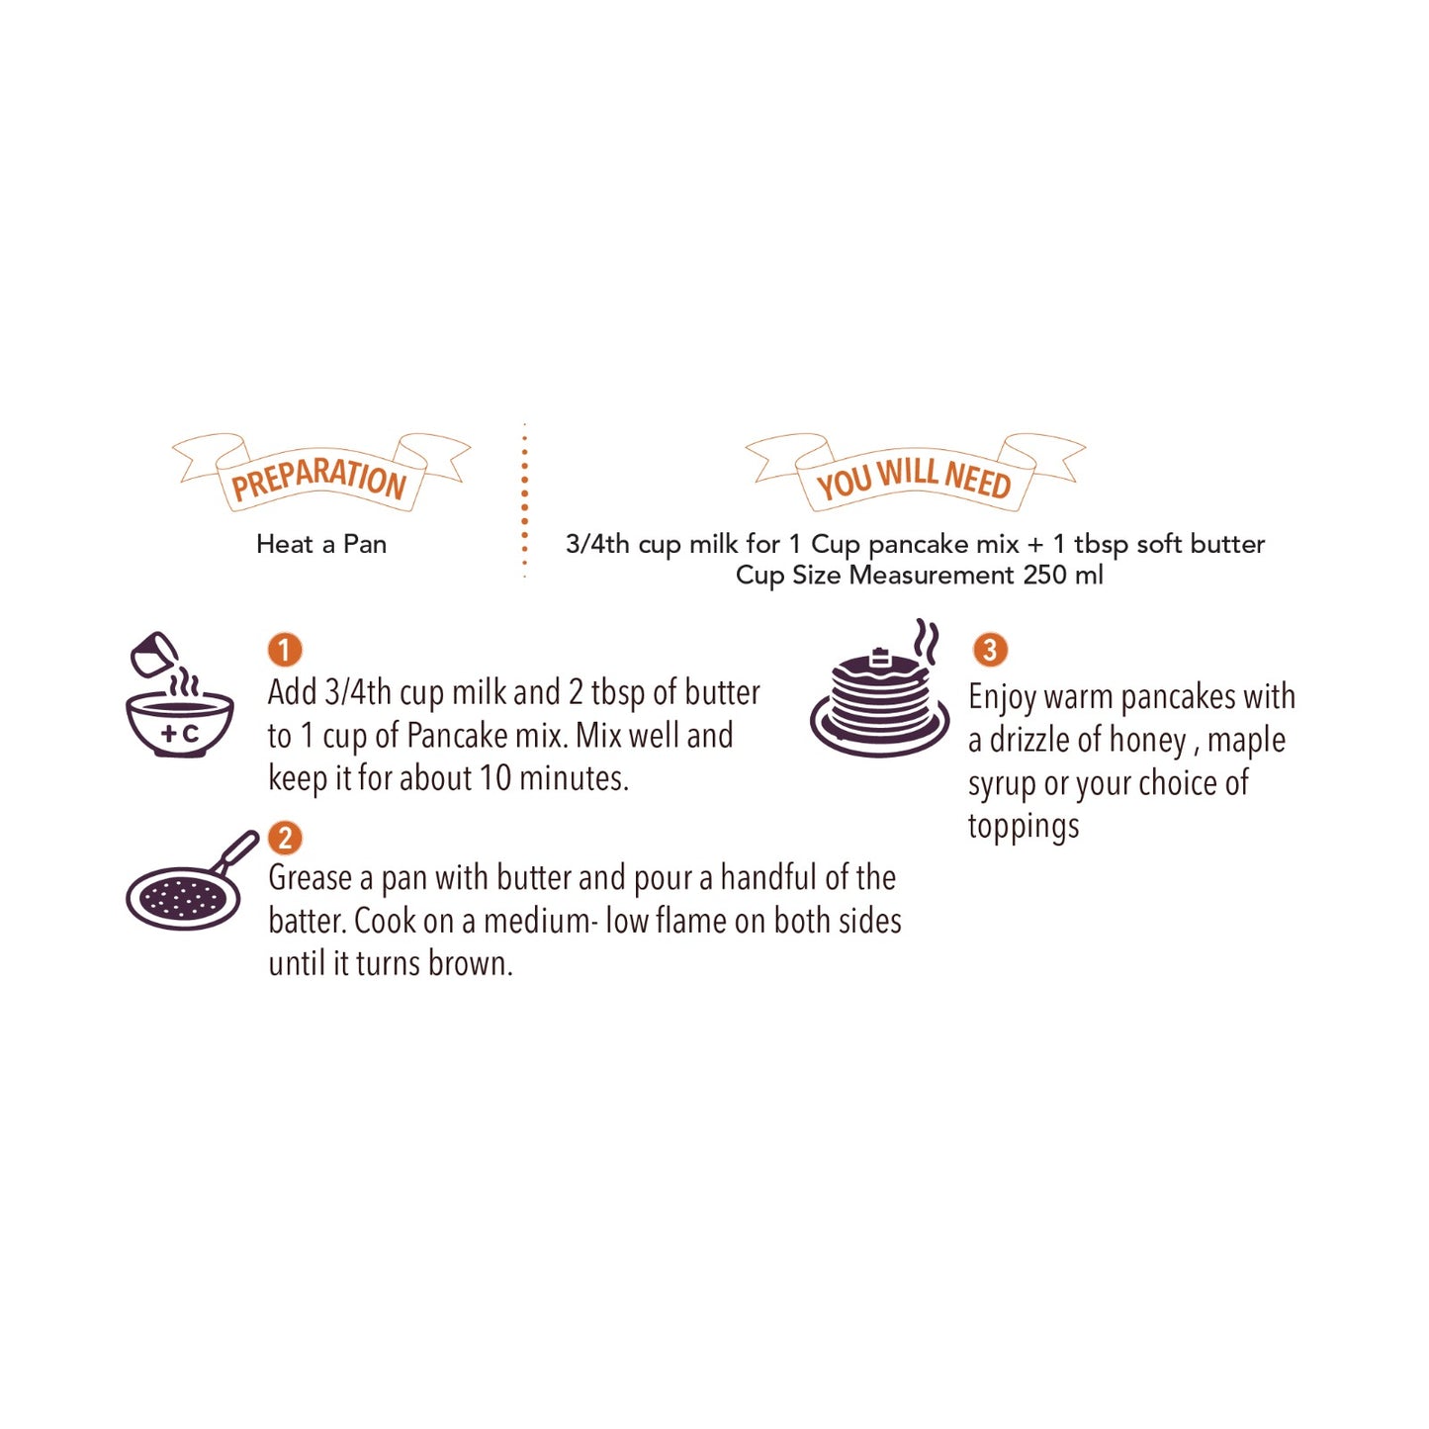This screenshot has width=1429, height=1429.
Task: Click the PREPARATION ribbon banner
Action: pos(321,475)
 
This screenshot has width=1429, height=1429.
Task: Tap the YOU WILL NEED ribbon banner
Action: pos(915,476)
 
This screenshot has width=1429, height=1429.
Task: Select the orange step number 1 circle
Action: pos(285,650)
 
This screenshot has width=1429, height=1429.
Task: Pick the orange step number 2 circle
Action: pos(285,838)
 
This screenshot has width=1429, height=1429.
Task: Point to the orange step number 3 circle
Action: pos(990,650)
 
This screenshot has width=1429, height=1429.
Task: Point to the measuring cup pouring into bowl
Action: pos(154,655)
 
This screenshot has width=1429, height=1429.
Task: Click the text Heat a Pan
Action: pos(321,544)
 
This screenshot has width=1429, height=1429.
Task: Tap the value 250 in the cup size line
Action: pos(1045,575)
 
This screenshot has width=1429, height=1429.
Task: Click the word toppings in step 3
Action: pos(1024,826)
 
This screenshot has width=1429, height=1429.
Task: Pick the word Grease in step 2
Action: pos(310,878)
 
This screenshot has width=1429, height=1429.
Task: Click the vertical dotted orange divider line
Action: pos(524,500)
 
